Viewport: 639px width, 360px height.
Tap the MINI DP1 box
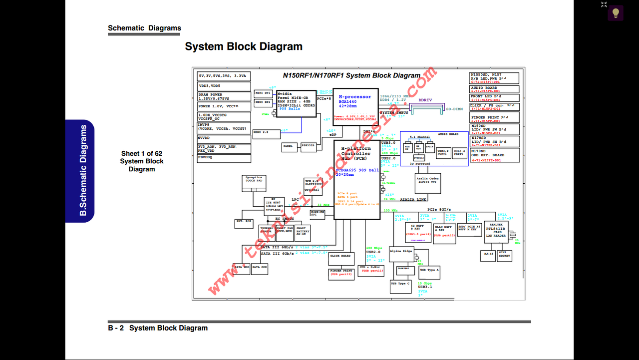pyautogui.click(x=263, y=93)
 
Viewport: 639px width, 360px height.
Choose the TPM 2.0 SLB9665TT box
pyautogui.click(x=313, y=185)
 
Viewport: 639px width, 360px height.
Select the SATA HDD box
pyautogui.click(x=242, y=268)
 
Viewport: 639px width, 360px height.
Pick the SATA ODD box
pyautogui.click(x=260, y=268)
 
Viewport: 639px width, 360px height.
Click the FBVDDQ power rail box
pyautogui.click(x=224, y=158)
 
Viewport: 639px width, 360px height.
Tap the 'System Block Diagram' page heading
pyautogui.click(x=244, y=46)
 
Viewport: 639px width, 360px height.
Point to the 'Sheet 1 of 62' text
pyautogui.click(x=141, y=153)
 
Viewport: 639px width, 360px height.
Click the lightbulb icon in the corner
pyautogui.click(x=616, y=12)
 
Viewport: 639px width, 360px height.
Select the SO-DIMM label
pyautogui.click(x=454, y=109)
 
